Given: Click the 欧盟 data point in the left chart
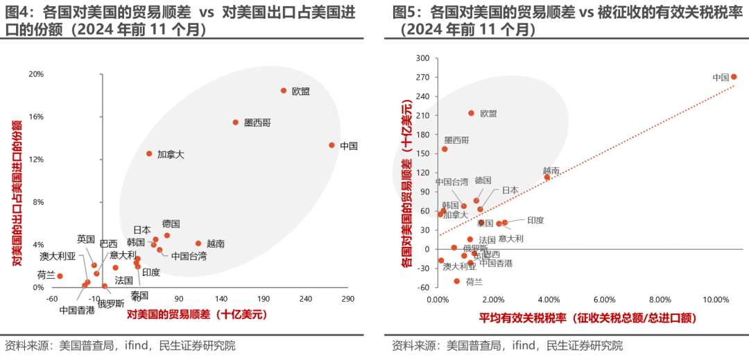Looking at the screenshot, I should (x=284, y=91).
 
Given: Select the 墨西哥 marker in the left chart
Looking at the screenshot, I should (x=235, y=122).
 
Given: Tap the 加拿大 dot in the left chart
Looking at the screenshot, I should (x=149, y=153).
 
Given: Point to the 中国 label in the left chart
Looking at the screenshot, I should (x=349, y=146).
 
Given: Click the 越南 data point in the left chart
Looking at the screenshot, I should (x=198, y=243).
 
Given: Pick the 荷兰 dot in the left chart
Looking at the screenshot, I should (x=60, y=276).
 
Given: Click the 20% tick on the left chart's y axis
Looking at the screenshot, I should (x=35, y=74).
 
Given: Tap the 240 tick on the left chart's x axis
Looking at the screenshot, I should (x=305, y=298).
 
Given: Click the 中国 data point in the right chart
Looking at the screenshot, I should (x=734, y=77).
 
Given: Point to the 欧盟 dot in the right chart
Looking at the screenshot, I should (x=472, y=113).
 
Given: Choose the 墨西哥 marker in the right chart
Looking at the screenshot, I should (x=445, y=149).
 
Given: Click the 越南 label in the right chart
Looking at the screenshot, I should (x=551, y=170).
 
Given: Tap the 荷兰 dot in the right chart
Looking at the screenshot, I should (x=457, y=281).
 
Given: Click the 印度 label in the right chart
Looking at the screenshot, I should (x=535, y=221).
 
